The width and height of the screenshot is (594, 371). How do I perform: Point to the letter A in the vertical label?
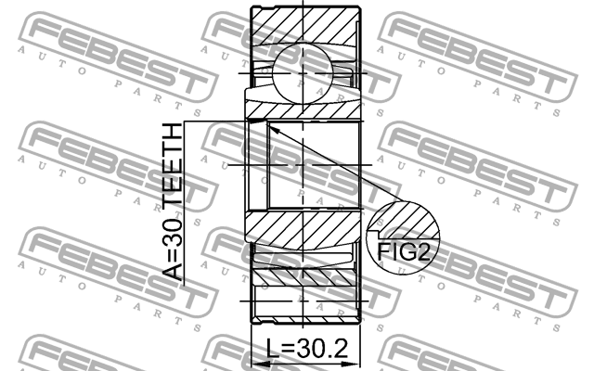[x=174, y=270]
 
